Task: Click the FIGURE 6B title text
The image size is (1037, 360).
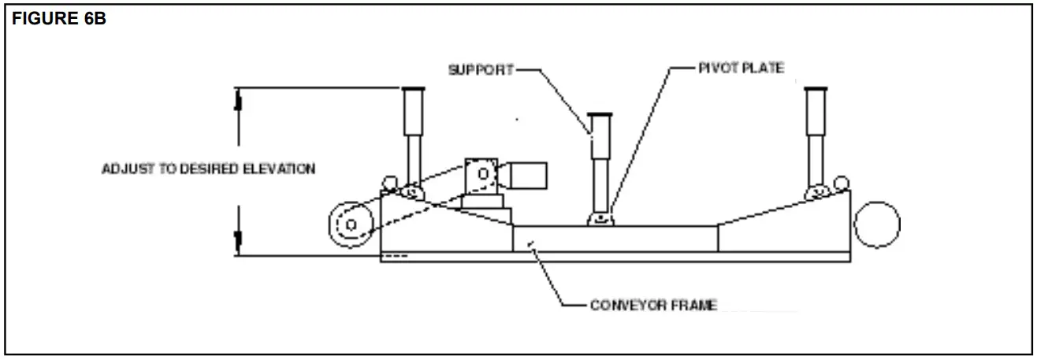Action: click(x=59, y=20)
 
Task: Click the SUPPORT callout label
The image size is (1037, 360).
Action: click(x=481, y=69)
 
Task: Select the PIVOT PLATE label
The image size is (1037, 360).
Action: click(x=741, y=69)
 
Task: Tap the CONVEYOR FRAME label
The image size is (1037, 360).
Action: click(x=653, y=305)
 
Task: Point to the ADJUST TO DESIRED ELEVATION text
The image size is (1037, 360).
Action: click(x=209, y=169)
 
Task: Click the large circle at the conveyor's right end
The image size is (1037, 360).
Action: click(x=876, y=224)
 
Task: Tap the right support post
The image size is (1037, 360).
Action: click(x=816, y=134)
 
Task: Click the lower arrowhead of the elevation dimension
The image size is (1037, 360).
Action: click(x=238, y=241)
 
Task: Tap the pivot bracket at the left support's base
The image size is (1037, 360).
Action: click(x=410, y=191)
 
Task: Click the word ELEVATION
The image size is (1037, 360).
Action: click(x=285, y=169)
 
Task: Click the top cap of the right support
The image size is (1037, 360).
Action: click(x=816, y=87)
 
